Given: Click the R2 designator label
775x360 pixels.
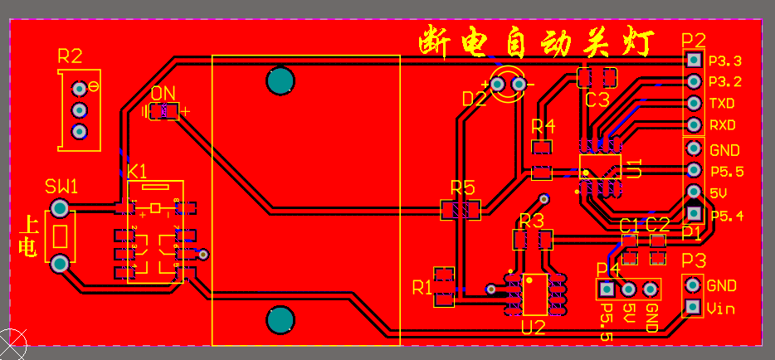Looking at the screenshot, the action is click(70, 56).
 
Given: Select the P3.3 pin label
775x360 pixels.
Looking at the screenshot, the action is click(725, 61).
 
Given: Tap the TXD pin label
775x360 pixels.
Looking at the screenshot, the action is click(721, 104).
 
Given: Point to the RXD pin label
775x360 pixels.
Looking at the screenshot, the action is click(722, 125).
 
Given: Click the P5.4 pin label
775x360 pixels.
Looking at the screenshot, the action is click(727, 216).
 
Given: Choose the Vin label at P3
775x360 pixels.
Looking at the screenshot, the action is click(722, 308).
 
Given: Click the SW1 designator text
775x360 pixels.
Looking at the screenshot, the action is click(61, 187).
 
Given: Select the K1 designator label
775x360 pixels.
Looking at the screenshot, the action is click(137, 172).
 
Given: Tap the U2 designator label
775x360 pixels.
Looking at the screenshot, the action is click(533, 327).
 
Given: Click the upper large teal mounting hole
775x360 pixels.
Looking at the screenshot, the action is click(280, 80).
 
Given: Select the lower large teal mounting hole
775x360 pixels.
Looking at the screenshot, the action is click(280, 319).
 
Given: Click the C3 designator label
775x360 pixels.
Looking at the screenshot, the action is click(597, 100).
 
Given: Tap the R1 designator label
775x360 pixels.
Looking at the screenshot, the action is click(422, 288).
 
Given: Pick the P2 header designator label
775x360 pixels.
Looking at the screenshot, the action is click(693, 41).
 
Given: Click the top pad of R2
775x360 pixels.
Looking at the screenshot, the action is click(80, 88).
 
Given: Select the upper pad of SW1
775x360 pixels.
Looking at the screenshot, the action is click(60, 207).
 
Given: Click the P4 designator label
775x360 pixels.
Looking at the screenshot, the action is click(608, 270).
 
